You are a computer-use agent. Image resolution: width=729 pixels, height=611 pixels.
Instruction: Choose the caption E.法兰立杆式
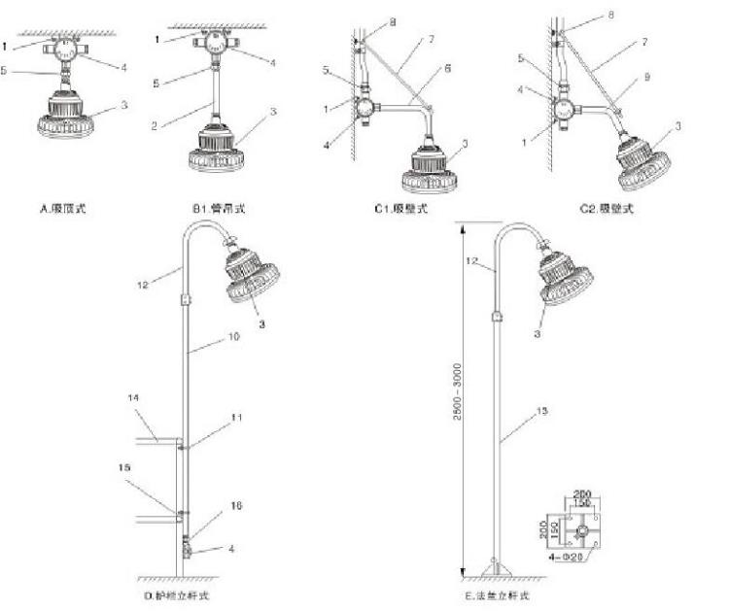tap(497, 594)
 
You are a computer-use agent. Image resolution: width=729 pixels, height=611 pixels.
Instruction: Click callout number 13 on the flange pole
tap(543, 412)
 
